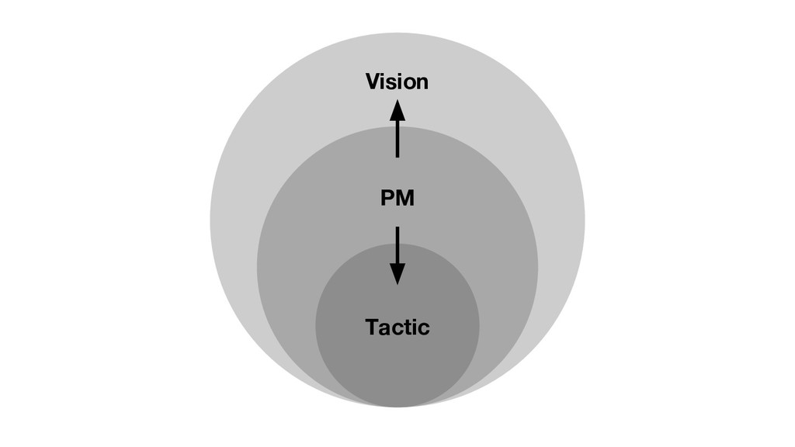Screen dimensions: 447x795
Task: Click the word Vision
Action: click(397, 81)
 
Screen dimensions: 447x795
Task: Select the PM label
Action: click(397, 199)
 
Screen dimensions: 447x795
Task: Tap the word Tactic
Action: click(397, 327)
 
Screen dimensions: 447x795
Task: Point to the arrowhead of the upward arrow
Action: click(397, 110)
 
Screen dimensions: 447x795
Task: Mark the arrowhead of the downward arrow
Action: click(397, 273)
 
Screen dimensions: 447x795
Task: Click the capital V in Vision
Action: click(373, 81)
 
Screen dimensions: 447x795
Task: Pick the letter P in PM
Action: click(387, 199)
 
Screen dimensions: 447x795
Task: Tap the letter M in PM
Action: click(404, 199)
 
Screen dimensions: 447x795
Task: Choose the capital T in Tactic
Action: click(372, 327)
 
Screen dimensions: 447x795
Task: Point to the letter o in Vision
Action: click(409, 82)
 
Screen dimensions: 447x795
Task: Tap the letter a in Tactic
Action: click(384, 328)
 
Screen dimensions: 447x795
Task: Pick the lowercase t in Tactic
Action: click(404, 327)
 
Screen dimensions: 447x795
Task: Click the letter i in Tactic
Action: click(412, 327)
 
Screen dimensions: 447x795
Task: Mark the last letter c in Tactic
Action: click(422, 328)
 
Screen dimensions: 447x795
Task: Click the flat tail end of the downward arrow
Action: click(397, 228)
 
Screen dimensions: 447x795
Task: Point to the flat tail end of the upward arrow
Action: click(397, 156)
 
